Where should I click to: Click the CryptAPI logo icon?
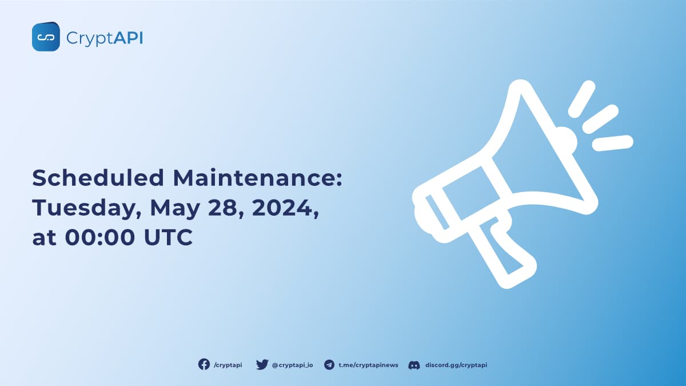point(46,37)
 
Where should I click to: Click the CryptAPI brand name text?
point(105,38)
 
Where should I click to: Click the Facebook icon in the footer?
point(204,364)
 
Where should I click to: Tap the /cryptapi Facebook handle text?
point(228,365)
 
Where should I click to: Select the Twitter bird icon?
point(262,364)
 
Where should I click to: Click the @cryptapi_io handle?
point(292,365)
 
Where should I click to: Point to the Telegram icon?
point(329,364)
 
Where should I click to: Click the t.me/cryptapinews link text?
point(368,365)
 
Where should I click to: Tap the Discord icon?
point(414,364)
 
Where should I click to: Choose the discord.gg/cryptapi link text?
point(456,365)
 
